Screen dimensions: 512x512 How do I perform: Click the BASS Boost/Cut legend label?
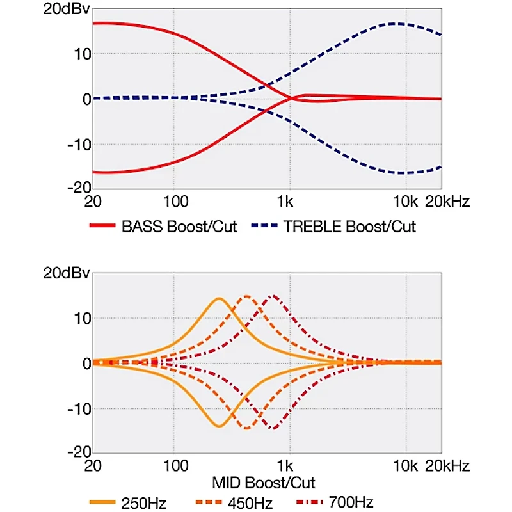coord(179,227)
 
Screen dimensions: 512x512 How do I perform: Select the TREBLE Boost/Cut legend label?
coord(349,227)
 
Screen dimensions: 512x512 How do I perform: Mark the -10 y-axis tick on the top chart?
coord(76,144)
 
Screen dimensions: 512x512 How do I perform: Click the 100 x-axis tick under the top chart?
coord(176,202)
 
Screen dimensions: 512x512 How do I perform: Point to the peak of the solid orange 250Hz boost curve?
coord(219,298)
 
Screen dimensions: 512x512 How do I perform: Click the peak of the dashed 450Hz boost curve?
coord(246,296)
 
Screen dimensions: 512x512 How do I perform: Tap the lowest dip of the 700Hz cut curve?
coord(274,428)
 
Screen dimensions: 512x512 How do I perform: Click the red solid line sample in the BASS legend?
coord(104,227)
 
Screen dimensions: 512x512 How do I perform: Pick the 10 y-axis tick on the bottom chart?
coord(80,318)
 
